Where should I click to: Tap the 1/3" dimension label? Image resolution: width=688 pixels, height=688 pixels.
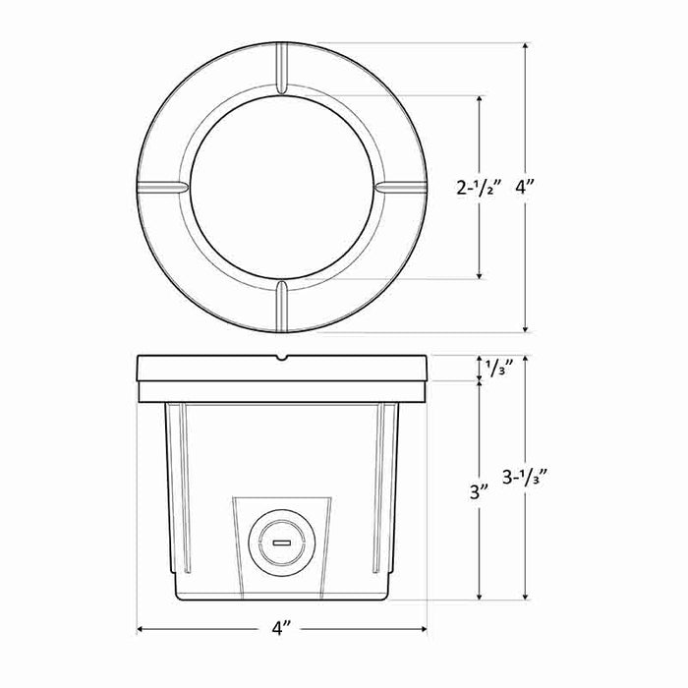496,369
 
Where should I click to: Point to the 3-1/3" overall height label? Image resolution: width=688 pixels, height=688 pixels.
525,479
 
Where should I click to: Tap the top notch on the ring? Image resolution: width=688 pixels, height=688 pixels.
281,69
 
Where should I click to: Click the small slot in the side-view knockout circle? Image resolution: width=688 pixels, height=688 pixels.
280,542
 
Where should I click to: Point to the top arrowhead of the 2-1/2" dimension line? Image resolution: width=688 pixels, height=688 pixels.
481,99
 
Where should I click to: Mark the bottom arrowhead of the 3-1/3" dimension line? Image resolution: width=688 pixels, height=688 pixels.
527,597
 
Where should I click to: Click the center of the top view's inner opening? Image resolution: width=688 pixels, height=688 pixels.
281,187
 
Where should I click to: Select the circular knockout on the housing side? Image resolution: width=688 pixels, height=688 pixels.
280,542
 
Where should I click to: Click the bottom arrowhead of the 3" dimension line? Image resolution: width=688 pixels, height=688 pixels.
481,597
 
